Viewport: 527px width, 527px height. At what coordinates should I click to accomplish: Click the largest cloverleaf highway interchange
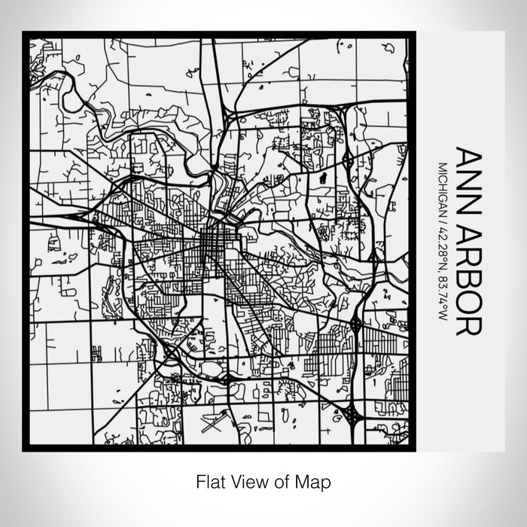[352, 413]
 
